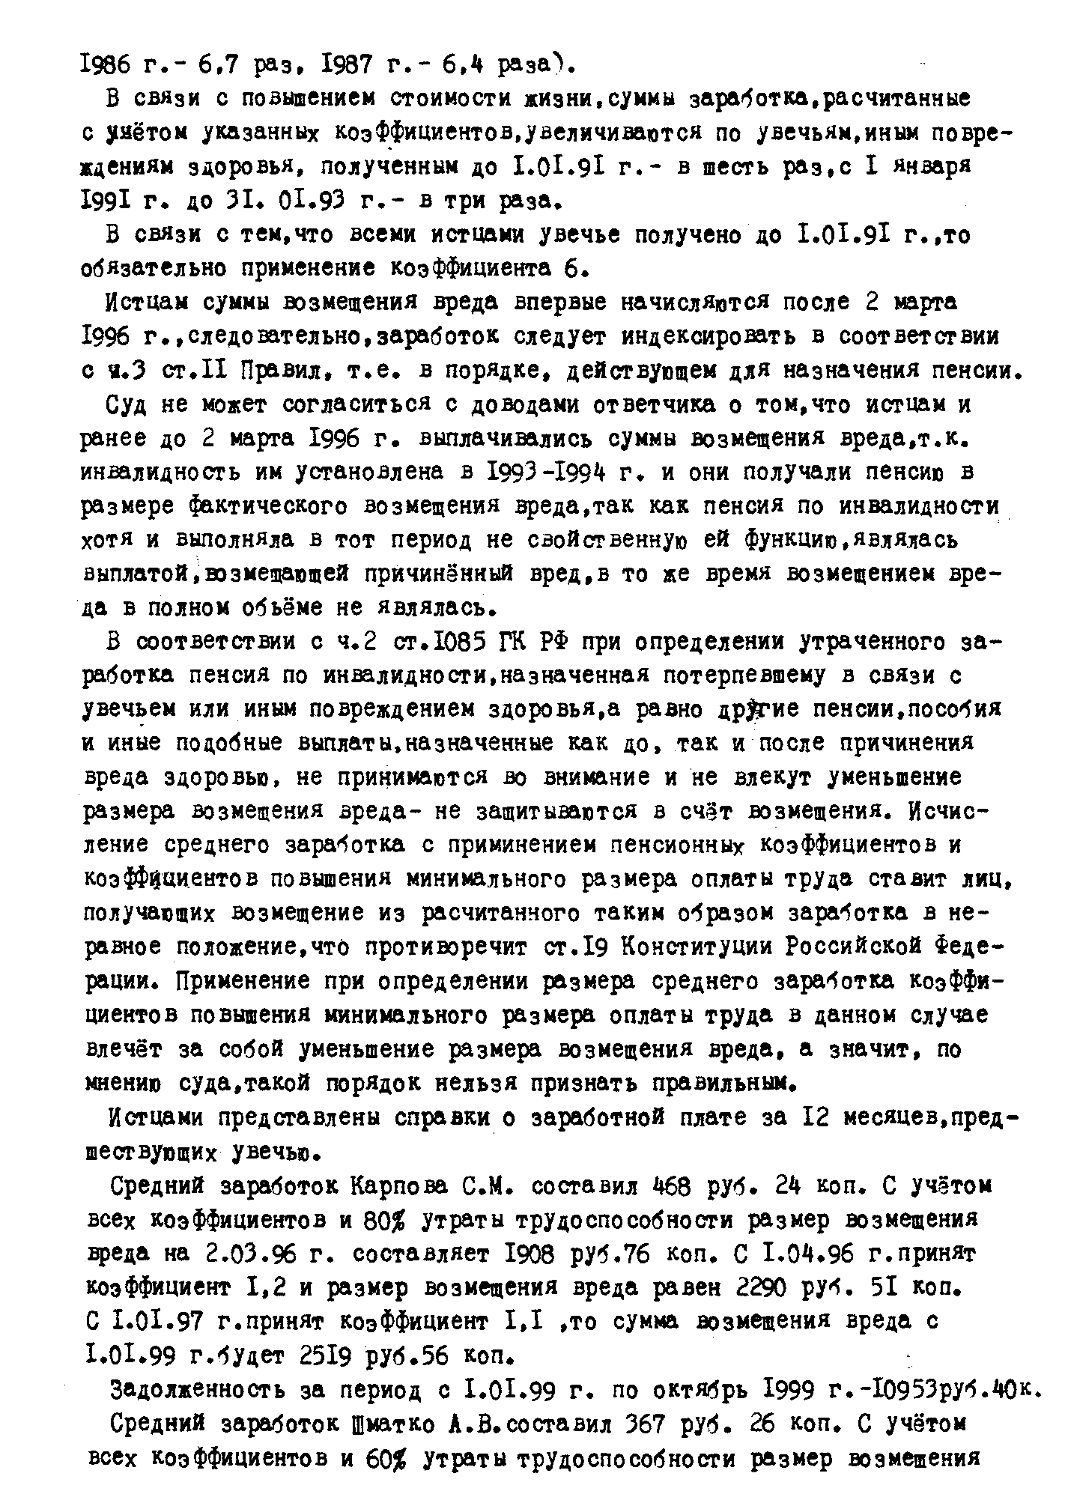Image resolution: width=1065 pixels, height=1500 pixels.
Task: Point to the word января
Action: pyautogui.click(x=938, y=166)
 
